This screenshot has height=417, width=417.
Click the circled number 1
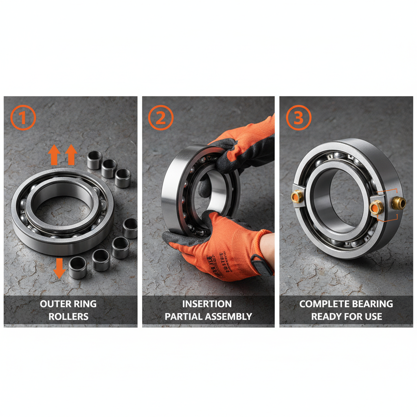23,118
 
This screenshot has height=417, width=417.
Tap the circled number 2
161,118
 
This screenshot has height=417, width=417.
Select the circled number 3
298,118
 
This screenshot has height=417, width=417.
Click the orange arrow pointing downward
59,267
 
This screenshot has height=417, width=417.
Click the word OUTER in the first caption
53,304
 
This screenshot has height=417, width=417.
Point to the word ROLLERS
68,316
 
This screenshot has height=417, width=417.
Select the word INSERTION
207,304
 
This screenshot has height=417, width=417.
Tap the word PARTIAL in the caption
182,316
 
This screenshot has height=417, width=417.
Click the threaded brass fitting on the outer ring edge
398,203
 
